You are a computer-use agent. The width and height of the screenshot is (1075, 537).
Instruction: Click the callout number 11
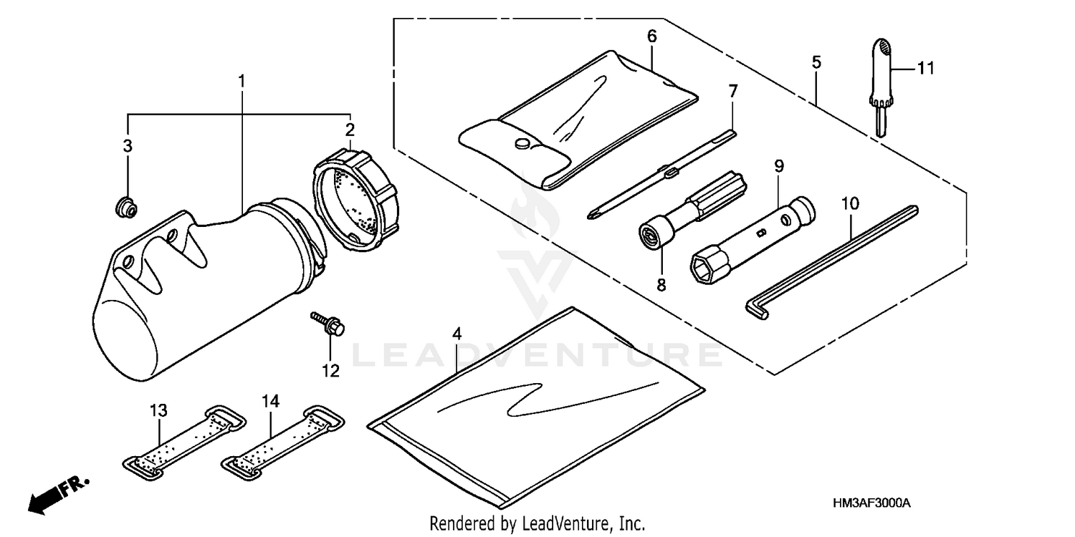point(926,69)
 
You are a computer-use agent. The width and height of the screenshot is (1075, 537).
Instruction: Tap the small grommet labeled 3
point(126,206)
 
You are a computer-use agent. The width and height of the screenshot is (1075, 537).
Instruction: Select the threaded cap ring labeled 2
point(355,201)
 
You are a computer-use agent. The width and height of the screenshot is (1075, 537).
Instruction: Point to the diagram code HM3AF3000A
point(871,503)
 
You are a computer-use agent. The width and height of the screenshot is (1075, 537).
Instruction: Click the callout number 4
point(457,334)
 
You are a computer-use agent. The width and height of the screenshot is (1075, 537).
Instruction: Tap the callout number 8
point(661,285)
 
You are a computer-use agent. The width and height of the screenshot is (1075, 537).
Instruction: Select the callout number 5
point(816,62)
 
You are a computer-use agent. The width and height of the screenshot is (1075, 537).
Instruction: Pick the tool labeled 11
point(881,87)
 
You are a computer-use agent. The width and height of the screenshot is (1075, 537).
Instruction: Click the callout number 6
point(651,37)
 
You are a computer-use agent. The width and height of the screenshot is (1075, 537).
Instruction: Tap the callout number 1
point(242,82)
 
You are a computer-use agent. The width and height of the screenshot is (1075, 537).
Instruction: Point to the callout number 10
point(850,204)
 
